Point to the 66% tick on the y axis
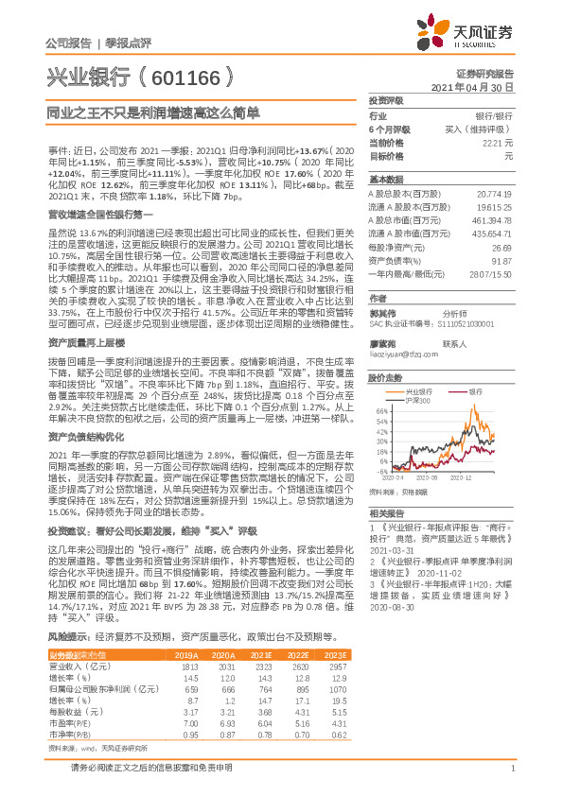point(380,411)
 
